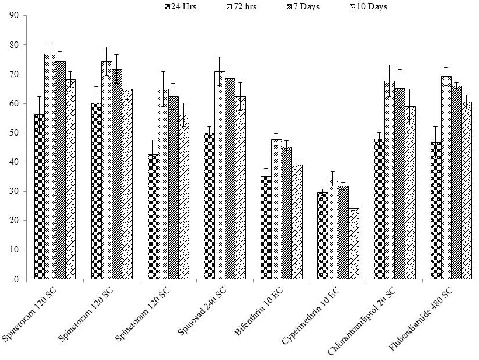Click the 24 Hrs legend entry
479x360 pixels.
181,6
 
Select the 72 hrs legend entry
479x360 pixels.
241,6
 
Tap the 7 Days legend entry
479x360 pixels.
303,6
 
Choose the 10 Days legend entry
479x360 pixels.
369,6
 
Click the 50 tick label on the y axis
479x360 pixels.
14,133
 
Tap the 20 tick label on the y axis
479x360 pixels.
14,221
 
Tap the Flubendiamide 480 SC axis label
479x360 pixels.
421,319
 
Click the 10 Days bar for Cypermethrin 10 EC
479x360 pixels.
354,244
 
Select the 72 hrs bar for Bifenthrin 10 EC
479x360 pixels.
276,209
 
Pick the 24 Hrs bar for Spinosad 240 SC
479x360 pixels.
209,206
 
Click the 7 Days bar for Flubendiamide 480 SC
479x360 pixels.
457,182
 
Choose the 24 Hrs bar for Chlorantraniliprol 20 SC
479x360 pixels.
379,209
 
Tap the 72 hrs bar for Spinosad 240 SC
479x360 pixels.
220,175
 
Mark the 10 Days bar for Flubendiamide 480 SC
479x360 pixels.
467,191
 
